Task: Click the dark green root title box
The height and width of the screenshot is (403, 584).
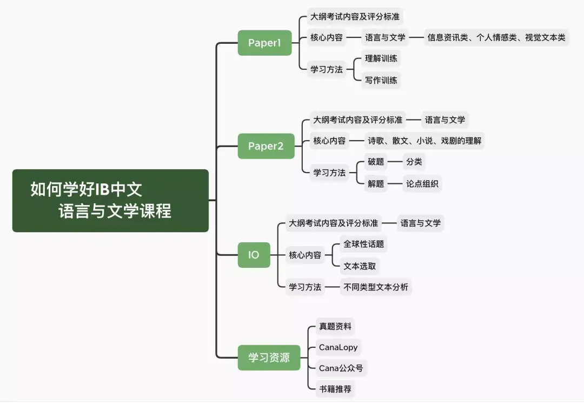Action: pos(110,200)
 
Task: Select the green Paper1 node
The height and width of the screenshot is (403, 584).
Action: pos(264,43)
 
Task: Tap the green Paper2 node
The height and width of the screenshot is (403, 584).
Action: pos(266,146)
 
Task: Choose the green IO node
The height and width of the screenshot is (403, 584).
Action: pos(254,255)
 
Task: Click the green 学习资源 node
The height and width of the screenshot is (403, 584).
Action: pos(269,358)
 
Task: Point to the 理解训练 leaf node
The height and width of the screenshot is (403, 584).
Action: pos(381,58)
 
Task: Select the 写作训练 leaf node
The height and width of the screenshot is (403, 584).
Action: pos(381,80)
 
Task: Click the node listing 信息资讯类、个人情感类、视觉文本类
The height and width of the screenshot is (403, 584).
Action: pos(496,37)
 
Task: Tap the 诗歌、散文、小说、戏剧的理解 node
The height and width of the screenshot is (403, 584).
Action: pos(424,141)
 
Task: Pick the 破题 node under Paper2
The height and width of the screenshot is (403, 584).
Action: pos(376,162)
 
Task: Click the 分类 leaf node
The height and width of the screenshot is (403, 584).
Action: pos(414,162)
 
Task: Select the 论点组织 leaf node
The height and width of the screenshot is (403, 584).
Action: pos(422,183)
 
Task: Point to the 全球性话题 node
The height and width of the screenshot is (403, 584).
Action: pos(363,244)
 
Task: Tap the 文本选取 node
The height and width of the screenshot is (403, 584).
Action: pos(360,266)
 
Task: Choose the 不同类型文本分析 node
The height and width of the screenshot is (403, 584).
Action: pos(376,287)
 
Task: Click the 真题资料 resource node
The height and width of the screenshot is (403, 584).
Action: pos(335,326)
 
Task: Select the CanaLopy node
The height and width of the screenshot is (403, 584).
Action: pos(338,347)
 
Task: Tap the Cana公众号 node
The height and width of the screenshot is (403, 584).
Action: pos(341,368)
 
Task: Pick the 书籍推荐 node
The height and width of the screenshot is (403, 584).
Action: pos(335,389)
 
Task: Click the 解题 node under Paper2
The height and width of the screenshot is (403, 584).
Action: pos(376,183)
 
